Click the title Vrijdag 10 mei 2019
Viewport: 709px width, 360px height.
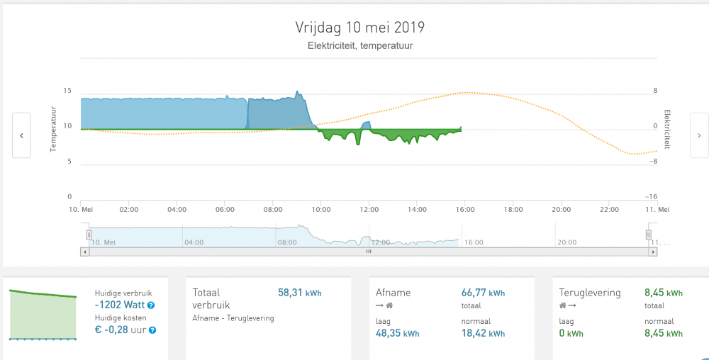coord(359,28)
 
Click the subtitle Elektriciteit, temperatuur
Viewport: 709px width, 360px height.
coord(360,46)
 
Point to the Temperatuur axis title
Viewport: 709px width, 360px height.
coord(53,129)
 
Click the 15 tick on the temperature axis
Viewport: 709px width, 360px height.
coord(67,91)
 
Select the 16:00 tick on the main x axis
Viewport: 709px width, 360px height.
coord(465,210)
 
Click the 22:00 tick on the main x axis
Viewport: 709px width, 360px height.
coord(610,210)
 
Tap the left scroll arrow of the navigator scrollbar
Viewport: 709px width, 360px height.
coord(85,251)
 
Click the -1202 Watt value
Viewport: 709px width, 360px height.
coord(119,305)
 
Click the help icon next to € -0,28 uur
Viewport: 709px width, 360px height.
coord(152,330)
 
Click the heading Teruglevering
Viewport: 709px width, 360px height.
coord(590,293)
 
